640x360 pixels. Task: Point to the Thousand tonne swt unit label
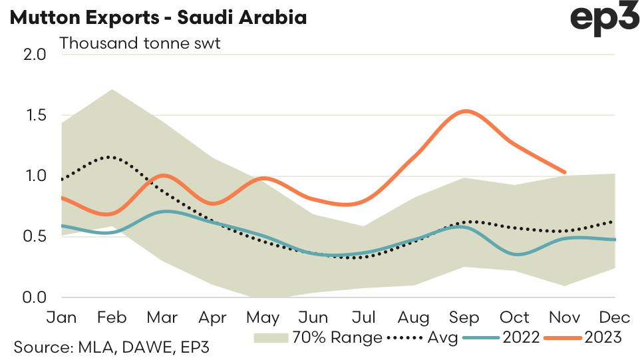click(140, 44)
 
